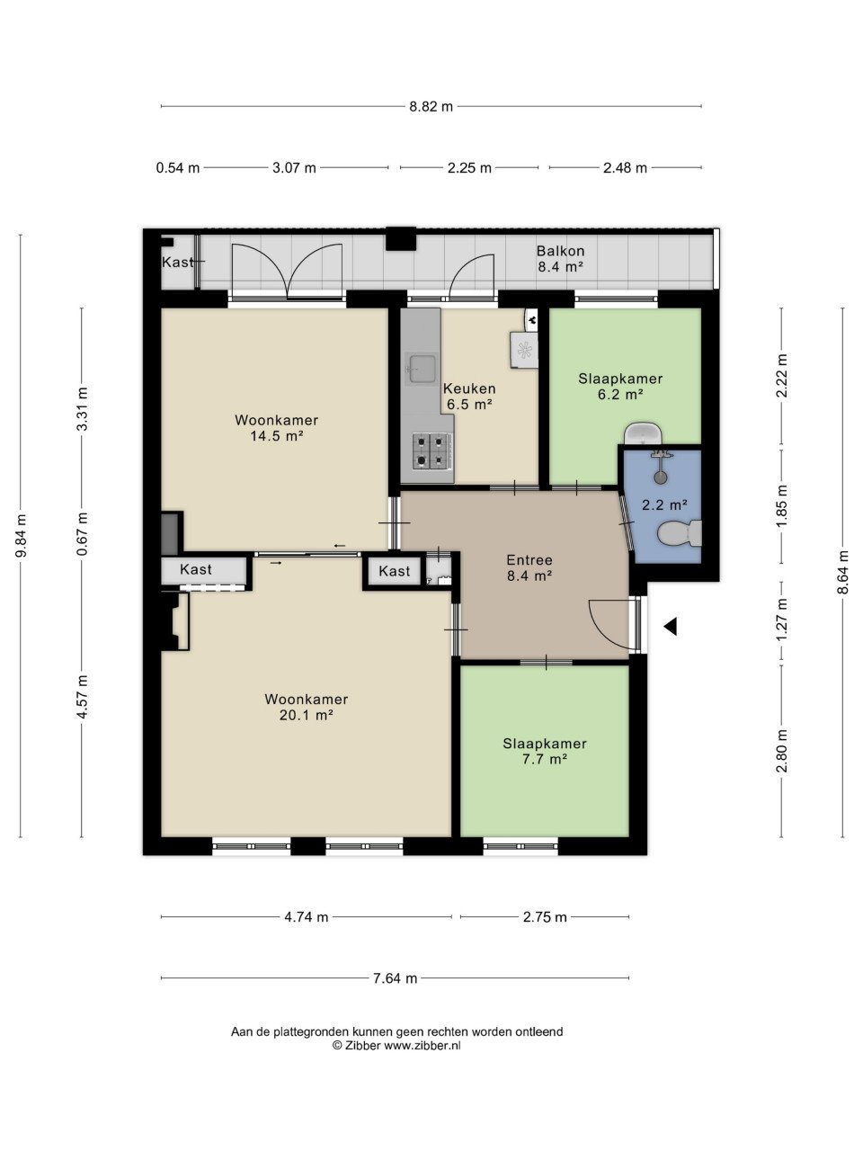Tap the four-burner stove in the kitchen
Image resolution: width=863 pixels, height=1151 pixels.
click(432, 451)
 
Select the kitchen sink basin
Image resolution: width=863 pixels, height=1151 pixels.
click(423, 369)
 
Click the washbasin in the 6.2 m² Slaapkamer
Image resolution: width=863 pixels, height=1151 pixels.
click(644, 433)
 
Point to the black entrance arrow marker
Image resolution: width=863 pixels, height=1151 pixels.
click(671, 626)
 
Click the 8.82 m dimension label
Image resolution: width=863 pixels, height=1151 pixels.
click(431, 107)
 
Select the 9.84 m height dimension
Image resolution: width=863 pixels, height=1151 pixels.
click(21, 536)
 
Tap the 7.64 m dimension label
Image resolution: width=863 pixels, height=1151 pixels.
click(395, 978)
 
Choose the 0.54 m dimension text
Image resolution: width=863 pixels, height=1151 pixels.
click(178, 168)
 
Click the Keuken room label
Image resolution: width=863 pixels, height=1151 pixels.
click(469, 388)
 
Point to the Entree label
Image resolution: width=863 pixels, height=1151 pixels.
click(529, 560)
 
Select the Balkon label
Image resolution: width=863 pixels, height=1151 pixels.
click(560, 251)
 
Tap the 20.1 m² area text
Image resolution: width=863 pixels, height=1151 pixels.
click(307, 715)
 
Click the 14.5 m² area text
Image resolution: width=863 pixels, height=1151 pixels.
click(277, 436)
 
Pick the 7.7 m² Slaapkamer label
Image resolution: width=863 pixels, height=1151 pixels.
click(545, 751)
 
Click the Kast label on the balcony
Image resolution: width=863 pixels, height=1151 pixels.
click(178, 262)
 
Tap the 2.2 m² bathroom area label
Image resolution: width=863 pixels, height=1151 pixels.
click(664, 504)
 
